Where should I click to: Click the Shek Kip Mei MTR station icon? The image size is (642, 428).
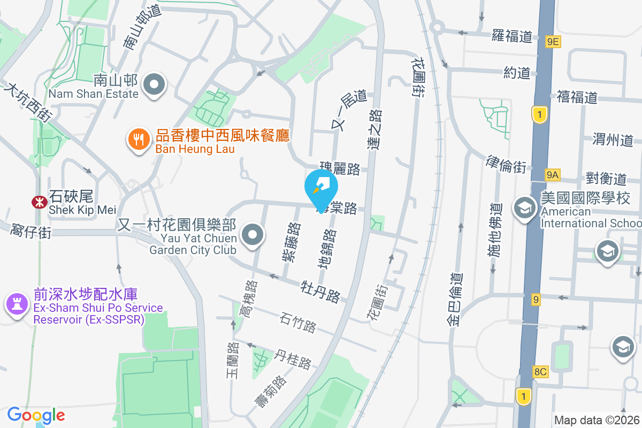39,202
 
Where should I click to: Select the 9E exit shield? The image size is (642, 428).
553,41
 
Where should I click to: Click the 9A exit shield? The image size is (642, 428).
553,174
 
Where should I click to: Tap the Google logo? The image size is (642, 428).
36,415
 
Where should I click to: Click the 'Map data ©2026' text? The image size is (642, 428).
596,420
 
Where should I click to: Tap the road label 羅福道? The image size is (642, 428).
512,36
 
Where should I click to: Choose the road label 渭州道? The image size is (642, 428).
613,140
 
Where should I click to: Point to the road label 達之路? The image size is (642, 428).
376,130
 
